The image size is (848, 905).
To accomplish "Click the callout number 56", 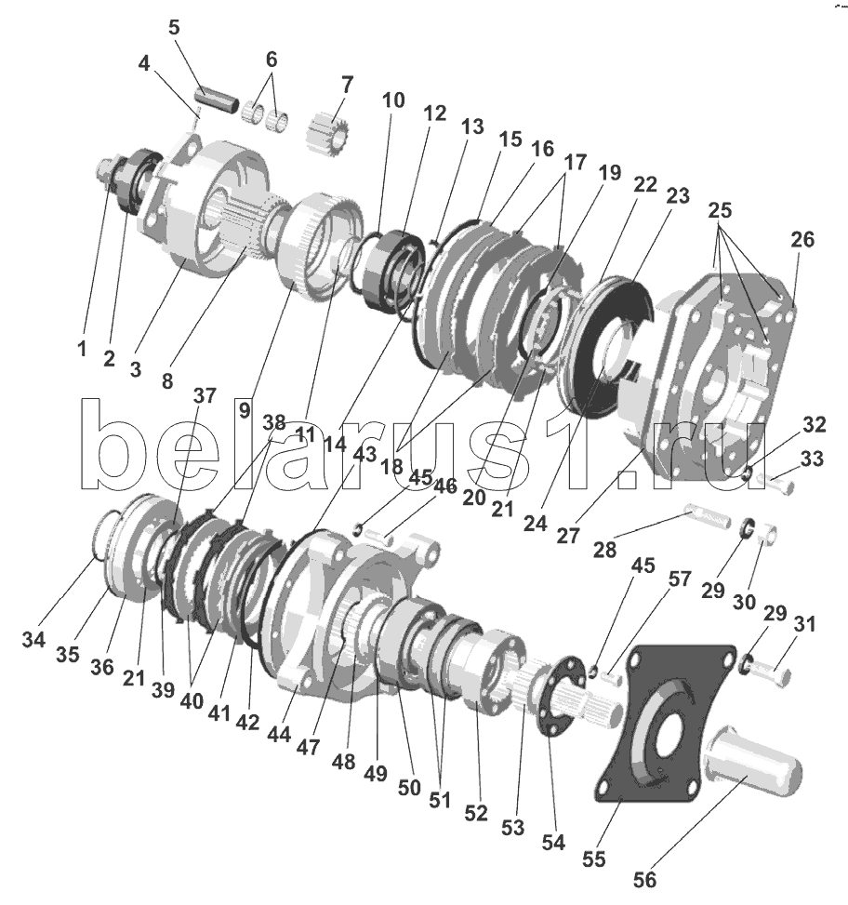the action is (645, 880).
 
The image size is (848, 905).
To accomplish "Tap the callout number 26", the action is (803, 240).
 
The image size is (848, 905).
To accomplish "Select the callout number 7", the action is (347, 86).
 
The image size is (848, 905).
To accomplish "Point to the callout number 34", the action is (33, 640).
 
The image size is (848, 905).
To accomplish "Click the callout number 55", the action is (594, 858).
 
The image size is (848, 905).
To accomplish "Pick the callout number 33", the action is (812, 459).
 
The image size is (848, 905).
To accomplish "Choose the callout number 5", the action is (174, 28).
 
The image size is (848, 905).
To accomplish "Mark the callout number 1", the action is (82, 349).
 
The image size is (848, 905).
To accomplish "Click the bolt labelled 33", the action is (775, 485).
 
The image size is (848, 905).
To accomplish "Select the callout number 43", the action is (364, 454).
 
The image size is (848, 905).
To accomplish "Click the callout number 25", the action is (720, 210).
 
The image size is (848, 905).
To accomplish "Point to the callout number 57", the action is (680, 579).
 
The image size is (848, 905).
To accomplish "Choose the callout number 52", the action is (476, 813).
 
